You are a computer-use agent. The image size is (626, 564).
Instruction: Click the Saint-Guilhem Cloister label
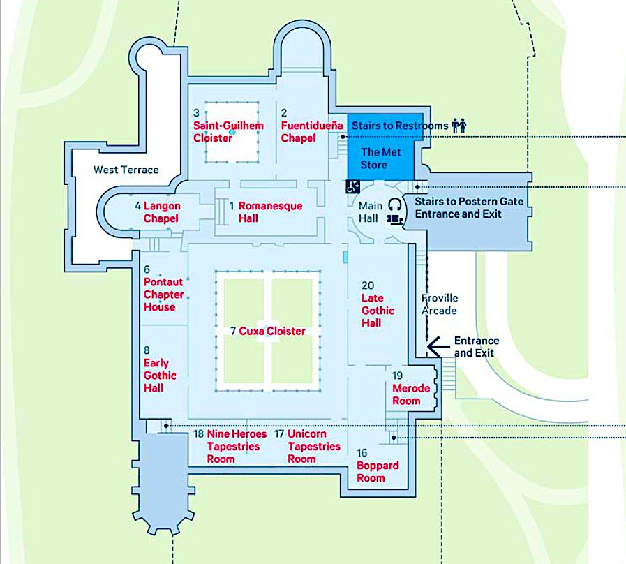tap(228, 132)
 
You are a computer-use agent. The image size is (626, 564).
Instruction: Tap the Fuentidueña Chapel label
tap(312, 132)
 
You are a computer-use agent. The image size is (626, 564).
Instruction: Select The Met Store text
tap(380, 158)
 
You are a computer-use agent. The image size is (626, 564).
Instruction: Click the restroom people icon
tap(459, 126)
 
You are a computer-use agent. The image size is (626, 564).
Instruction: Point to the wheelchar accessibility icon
tap(353, 186)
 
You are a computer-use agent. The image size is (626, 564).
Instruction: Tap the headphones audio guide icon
tap(395, 205)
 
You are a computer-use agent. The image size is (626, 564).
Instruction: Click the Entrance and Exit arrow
tap(438, 347)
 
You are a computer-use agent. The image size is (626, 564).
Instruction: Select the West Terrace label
tap(126, 170)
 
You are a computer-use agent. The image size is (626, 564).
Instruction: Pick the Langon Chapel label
tap(162, 212)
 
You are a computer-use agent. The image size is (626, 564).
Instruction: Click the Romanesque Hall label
tap(270, 212)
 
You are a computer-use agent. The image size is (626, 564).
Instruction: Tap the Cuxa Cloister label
tap(272, 331)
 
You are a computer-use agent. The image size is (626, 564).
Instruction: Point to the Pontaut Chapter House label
tap(164, 295)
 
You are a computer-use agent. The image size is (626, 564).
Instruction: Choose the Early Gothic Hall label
tap(160, 376)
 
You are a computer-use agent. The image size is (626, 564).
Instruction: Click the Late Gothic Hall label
tap(378, 311)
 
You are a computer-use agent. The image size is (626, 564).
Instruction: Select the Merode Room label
tap(411, 394)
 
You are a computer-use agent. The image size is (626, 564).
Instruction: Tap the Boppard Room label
tap(378, 472)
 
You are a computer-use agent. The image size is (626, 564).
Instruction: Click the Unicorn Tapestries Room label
tap(314, 446)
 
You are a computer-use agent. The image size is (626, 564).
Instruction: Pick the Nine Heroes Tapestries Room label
tap(237, 446)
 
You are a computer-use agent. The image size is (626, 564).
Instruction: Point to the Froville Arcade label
tap(440, 304)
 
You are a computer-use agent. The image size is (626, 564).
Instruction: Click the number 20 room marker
tap(368, 285)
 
